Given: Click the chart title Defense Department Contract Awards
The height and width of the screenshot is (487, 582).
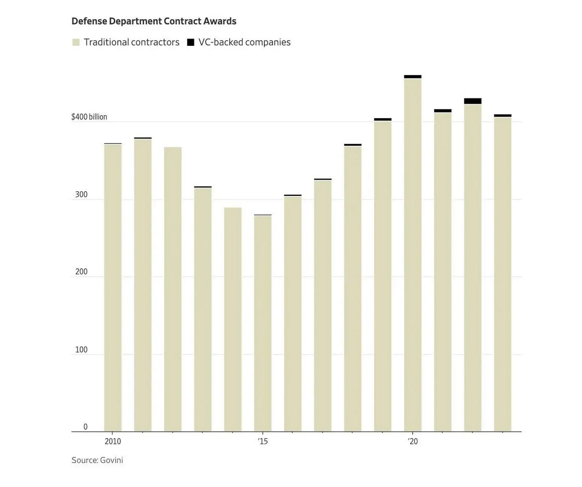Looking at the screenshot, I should tap(154, 21).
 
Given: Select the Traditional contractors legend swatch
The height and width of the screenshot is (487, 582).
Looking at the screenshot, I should tap(76, 42).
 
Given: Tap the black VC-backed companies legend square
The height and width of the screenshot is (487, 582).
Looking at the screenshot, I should tap(191, 42).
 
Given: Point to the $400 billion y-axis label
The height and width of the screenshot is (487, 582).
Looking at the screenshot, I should tap(89, 117).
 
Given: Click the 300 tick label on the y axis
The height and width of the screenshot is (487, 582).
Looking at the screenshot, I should tap(81, 195).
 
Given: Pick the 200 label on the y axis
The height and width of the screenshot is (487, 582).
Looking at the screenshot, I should tap(81, 272).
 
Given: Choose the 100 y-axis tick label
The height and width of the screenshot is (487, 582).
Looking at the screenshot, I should tap(81, 349).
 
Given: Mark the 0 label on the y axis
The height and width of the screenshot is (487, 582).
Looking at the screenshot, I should tap(85, 427).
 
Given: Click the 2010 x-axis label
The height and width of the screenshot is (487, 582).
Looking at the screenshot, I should tap(113, 442).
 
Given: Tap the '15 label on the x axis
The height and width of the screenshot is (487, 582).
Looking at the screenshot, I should tap(263, 442).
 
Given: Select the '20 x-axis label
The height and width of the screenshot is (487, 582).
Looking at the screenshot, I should tap(413, 442).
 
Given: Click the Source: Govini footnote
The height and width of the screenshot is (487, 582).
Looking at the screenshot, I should tap(97, 460).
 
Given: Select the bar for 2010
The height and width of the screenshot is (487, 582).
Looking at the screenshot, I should tap(113, 286).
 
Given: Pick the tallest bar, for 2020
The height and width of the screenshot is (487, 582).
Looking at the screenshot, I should tap(413, 255).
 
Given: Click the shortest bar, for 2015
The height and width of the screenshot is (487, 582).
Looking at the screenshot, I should tap(263, 323).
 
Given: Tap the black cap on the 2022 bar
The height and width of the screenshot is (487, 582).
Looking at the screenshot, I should tap(473, 101).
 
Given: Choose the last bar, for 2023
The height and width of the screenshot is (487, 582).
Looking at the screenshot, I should tap(503, 273).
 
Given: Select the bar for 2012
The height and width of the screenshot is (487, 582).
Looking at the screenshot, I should tap(173, 289).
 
